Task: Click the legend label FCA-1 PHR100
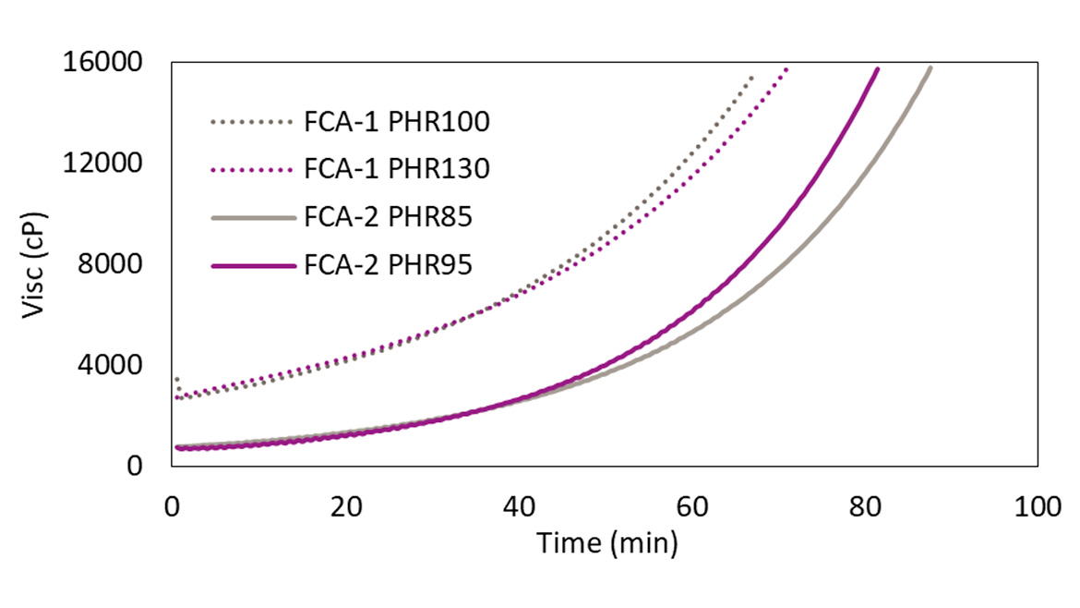coord(396,122)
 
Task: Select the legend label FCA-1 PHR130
coord(396,170)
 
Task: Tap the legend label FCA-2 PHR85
coord(388,218)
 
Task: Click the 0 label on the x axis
coord(173,506)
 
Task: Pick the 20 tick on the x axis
coord(346,506)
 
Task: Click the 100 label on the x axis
coord(1038,506)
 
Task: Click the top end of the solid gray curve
coord(930,67)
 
